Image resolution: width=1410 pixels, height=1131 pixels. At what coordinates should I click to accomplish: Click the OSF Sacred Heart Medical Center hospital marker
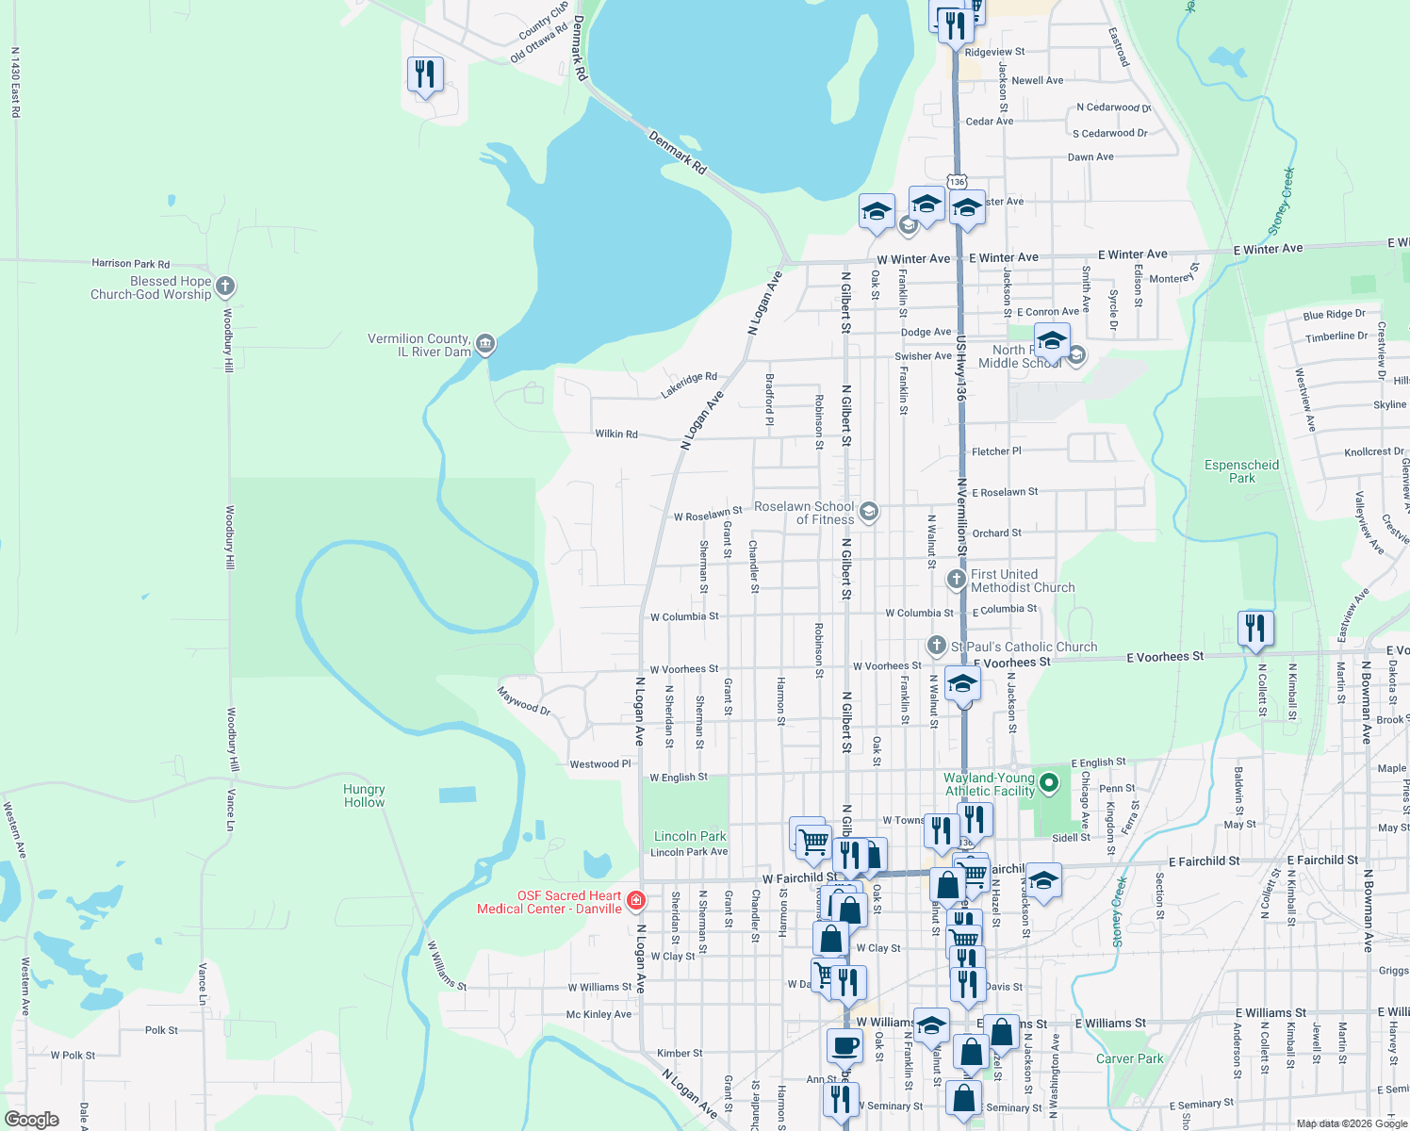click(636, 901)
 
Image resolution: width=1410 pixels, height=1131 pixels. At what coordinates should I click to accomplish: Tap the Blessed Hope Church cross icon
click(224, 286)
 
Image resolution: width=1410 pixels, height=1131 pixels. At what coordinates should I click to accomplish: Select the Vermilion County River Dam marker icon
click(484, 344)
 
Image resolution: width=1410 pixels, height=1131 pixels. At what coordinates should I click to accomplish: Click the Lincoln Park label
click(690, 836)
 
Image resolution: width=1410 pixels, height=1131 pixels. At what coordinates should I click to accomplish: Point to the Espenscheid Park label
click(1241, 471)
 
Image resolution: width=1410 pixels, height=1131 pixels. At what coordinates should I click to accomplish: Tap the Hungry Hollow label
click(364, 795)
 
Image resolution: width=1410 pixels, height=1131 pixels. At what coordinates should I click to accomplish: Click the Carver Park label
click(1129, 1058)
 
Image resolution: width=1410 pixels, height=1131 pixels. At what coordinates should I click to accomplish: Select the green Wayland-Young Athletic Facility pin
click(1050, 782)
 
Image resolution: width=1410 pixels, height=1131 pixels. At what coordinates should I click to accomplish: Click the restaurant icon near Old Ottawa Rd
click(425, 74)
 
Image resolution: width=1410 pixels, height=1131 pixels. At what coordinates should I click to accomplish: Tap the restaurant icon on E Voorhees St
click(1255, 629)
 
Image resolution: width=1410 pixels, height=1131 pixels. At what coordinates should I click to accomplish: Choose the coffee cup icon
click(844, 1045)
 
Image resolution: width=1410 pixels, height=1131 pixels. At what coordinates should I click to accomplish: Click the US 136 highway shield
click(957, 181)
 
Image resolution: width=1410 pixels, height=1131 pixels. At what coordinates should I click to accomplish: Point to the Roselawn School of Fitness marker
click(869, 512)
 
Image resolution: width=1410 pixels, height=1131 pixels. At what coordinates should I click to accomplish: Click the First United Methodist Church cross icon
click(956, 579)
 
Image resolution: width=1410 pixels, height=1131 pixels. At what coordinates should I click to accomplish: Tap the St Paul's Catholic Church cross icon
click(936, 646)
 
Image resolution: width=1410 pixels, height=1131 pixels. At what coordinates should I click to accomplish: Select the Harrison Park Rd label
click(130, 264)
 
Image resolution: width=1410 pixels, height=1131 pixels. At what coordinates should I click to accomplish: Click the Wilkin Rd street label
click(616, 434)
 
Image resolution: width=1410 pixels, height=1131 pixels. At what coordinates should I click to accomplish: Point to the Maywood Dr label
click(524, 701)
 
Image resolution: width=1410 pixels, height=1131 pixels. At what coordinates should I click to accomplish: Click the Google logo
click(32, 1120)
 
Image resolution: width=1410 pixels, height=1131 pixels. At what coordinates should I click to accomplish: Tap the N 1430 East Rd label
click(15, 83)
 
